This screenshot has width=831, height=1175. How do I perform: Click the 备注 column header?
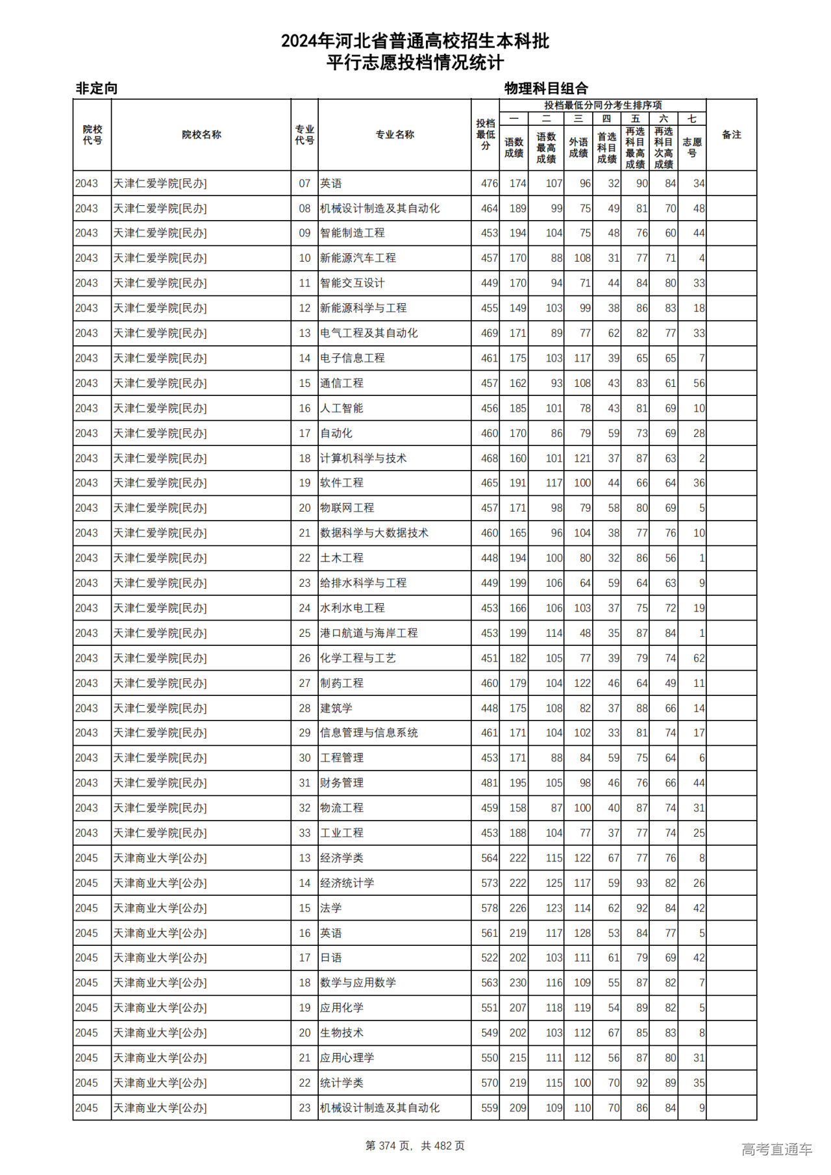coord(731,135)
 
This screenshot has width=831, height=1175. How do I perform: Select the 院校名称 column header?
coord(201,135)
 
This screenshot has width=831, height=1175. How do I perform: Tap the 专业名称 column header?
coord(394,135)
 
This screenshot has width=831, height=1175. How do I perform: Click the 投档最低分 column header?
coord(485,134)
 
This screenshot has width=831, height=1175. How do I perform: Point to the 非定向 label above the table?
coord(97,88)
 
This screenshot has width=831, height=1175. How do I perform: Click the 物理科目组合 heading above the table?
coord(546,88)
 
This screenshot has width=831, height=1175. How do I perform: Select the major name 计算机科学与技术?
coord(363,458)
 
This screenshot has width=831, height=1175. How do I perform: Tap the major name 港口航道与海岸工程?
coord(369,633)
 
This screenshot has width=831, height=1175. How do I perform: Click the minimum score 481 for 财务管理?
coord(489,783)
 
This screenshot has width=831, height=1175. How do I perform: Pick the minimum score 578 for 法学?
coord(489,908)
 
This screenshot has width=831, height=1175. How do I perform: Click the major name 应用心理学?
coord(347,1057)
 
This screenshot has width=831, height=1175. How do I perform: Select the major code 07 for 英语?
coord(304,184)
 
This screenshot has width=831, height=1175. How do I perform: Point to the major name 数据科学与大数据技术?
coord(374,533)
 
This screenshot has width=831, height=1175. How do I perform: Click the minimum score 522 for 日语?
coord(489,958)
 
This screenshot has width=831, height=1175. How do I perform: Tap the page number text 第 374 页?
coord(389,1146)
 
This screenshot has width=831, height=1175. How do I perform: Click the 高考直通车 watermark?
coord(776,1149)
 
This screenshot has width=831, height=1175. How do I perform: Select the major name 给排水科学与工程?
coord(363,583)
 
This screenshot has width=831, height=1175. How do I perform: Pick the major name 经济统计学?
coord(347,883)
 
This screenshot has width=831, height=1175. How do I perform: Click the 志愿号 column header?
coord(692,147)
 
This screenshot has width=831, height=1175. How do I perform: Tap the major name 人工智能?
coord(341,408)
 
